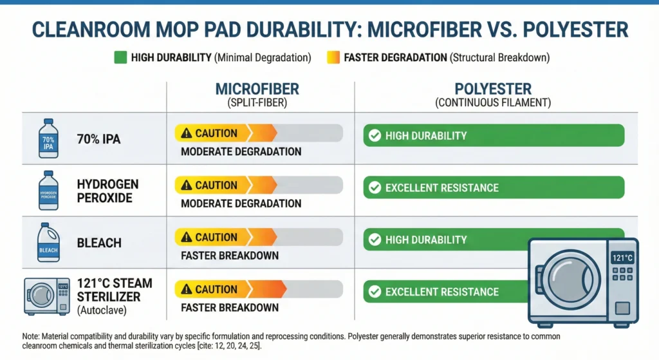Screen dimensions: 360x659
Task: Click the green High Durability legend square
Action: [120, 58]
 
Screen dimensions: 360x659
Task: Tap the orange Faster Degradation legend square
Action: [333, 58]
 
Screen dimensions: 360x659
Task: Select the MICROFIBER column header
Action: [257, 89]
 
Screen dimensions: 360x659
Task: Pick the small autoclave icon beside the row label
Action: [47, 295]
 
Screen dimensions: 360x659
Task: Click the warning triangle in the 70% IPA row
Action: [187, 133]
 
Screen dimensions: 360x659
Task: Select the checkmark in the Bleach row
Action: [373, 240]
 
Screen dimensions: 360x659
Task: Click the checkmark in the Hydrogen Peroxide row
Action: [373, 188]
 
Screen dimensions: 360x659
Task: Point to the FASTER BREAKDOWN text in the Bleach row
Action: [229, 256]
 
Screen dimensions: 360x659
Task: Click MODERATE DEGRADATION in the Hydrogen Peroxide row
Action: [241, 204]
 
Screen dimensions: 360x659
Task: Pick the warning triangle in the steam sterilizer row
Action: [187, 289]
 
